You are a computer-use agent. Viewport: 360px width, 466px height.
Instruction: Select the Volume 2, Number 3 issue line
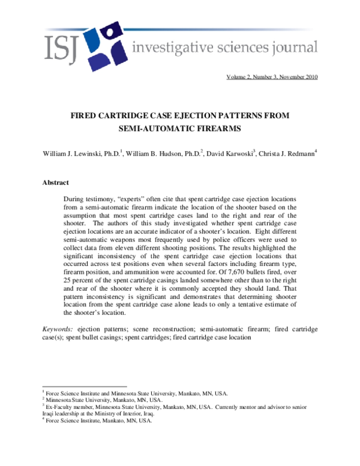point(272,77)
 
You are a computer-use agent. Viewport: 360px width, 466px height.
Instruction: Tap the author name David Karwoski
point(229,154)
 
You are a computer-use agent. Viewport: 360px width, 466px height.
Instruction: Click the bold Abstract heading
point(56,183)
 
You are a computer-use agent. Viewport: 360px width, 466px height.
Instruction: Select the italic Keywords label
point(58,329)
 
